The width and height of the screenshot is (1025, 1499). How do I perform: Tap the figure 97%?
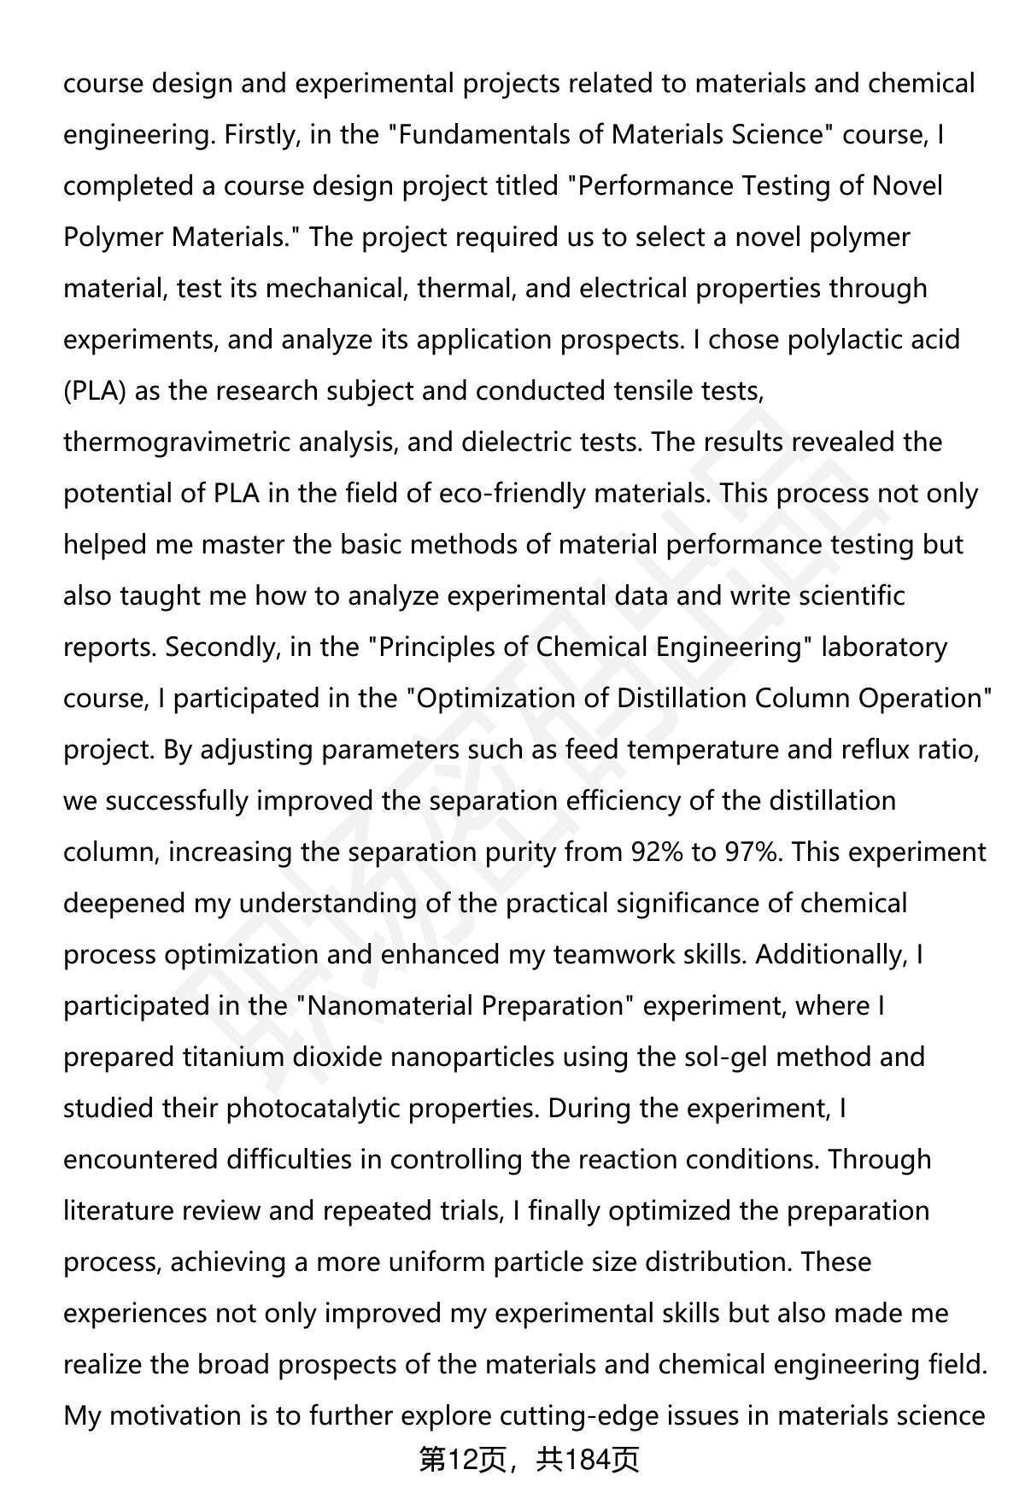click(x=753, y=852)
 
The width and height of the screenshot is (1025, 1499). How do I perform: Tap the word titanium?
click(x=229, y=1057)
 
